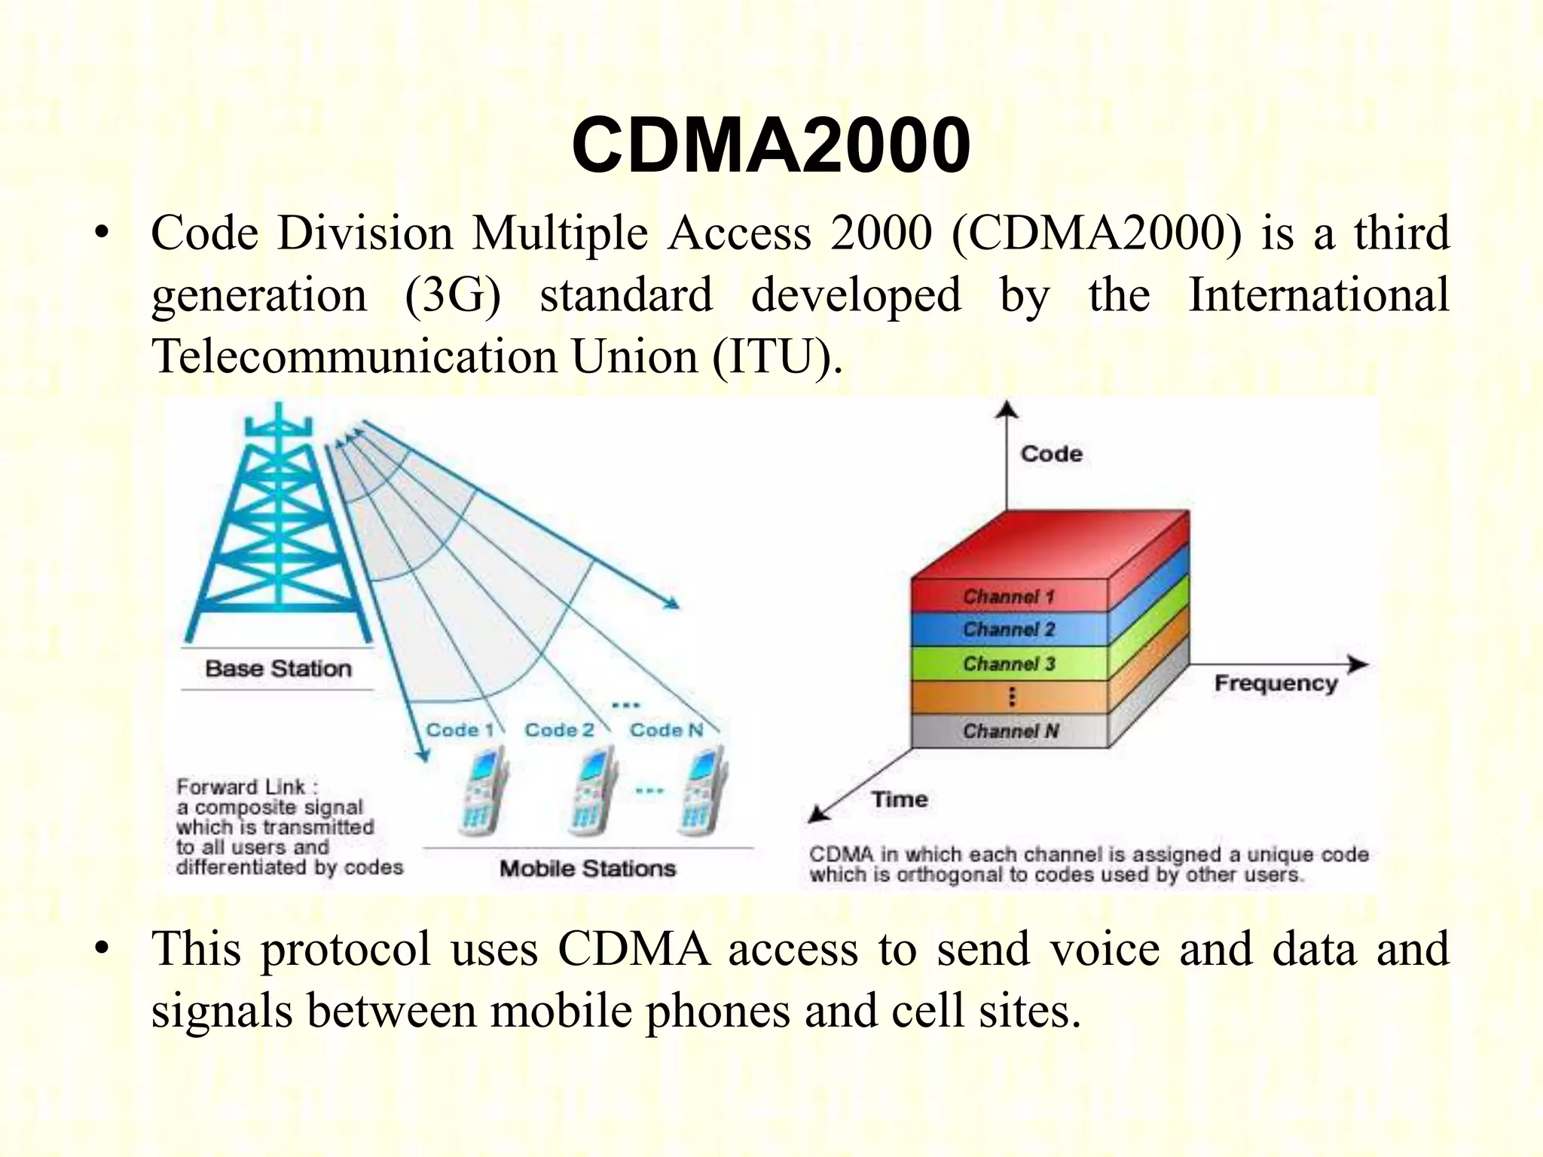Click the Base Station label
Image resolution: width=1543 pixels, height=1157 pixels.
tap(278, 669)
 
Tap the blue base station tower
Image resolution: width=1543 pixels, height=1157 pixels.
tap(278, 527)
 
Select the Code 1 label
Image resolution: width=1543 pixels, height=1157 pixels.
tap(460, 730)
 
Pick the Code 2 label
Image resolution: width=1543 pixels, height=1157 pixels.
tap(559, 730)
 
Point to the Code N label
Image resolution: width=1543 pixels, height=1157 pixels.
tap(666, 730)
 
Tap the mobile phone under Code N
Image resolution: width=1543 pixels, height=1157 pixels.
tap(701, 791)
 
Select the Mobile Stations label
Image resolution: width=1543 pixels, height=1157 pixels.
tap(588, 869)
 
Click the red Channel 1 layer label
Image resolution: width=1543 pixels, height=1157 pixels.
tap(1008, 597)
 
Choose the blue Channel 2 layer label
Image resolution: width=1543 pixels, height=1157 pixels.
tap(1008, 630)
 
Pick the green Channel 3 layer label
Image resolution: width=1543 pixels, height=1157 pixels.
tap(1008, 664)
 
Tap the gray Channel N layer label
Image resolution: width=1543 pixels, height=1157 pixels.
tap(1010, 731)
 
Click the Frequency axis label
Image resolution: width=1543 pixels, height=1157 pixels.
tap(1276, 684)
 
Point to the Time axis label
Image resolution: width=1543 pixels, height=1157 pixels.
tap(900, 799)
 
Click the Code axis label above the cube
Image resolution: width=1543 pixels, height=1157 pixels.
tap(1051, 454)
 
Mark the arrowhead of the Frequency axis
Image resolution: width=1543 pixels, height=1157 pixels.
tap(1358, 664)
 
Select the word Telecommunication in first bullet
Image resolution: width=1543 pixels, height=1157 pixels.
tap(353, 356)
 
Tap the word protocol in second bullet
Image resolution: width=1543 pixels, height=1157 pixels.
tap(346, 949)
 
